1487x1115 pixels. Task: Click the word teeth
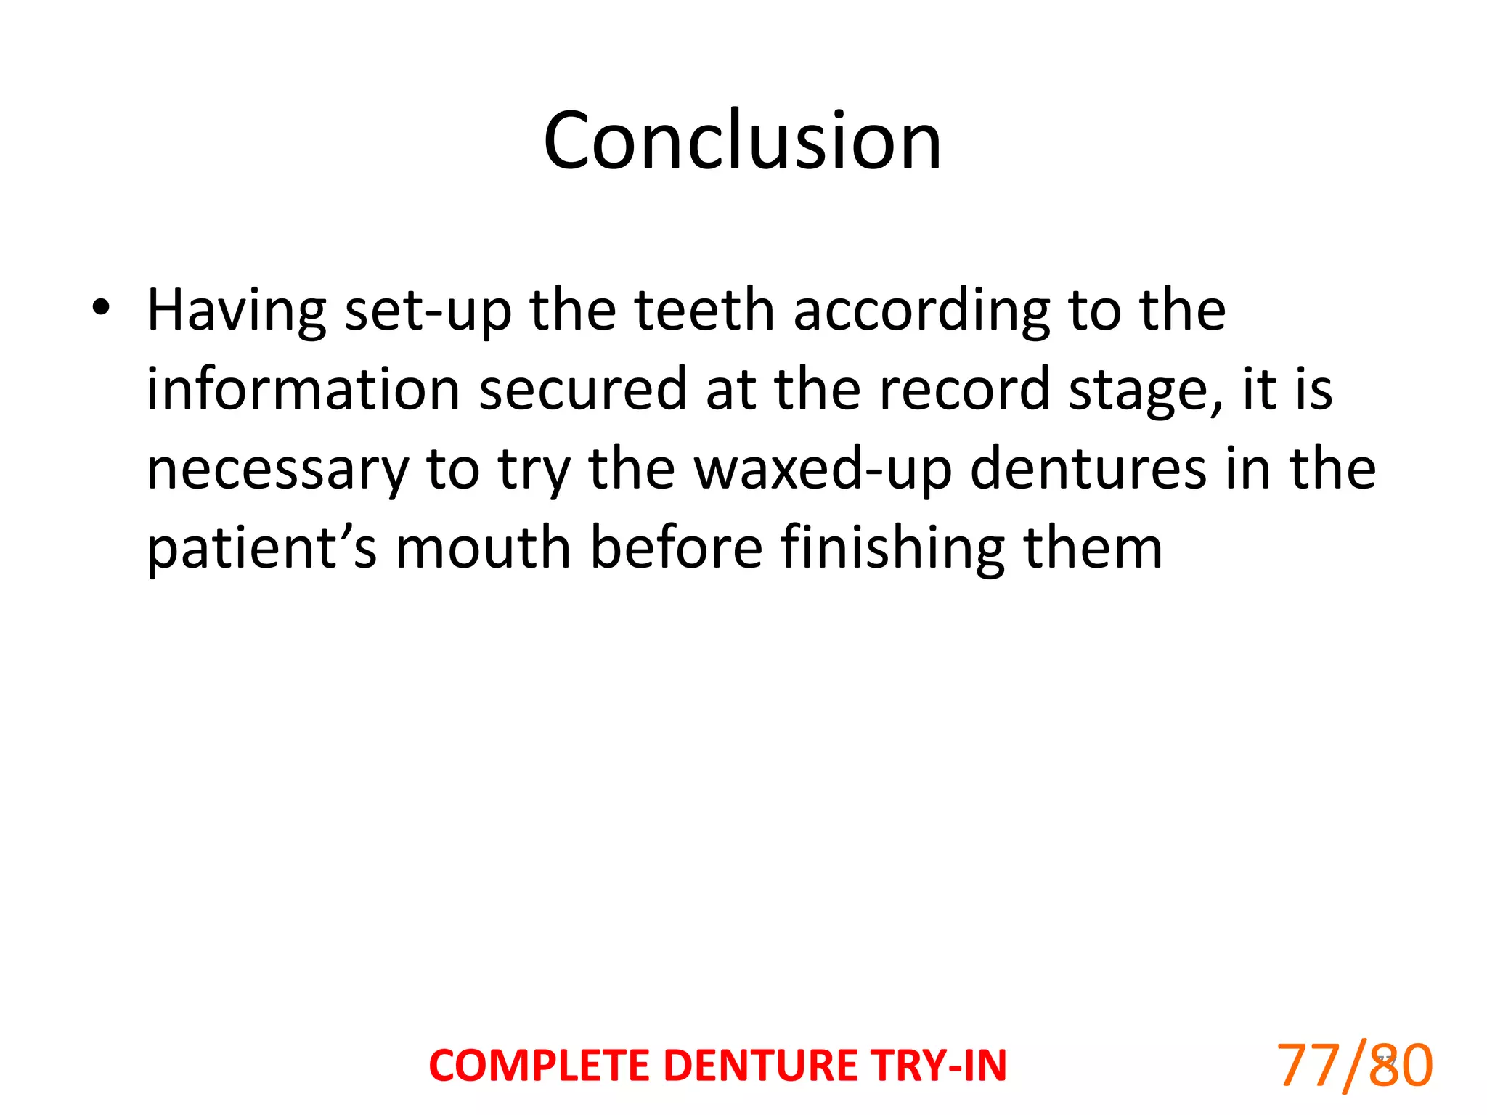[x=705, y=310]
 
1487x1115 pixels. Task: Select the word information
[x=303, y=390]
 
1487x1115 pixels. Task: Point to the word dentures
[x=1088, y=469]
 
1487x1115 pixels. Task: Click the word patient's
[x=262, y=550]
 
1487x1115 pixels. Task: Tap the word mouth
[x=484, y=548]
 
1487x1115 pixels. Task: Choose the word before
[x=676, y=548]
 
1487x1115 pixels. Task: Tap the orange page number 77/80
[x=1354, y=1066]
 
